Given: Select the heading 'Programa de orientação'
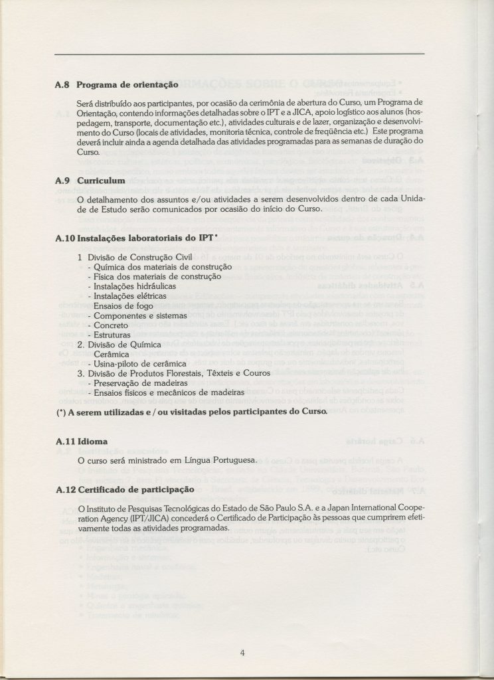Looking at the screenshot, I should pos(127,85).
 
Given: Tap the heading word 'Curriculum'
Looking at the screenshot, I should pos(101,180).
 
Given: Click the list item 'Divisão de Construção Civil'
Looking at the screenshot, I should pos(139,257).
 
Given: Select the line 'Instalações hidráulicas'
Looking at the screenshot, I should pos(131,286).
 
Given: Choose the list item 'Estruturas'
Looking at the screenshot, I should pos(117,335).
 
